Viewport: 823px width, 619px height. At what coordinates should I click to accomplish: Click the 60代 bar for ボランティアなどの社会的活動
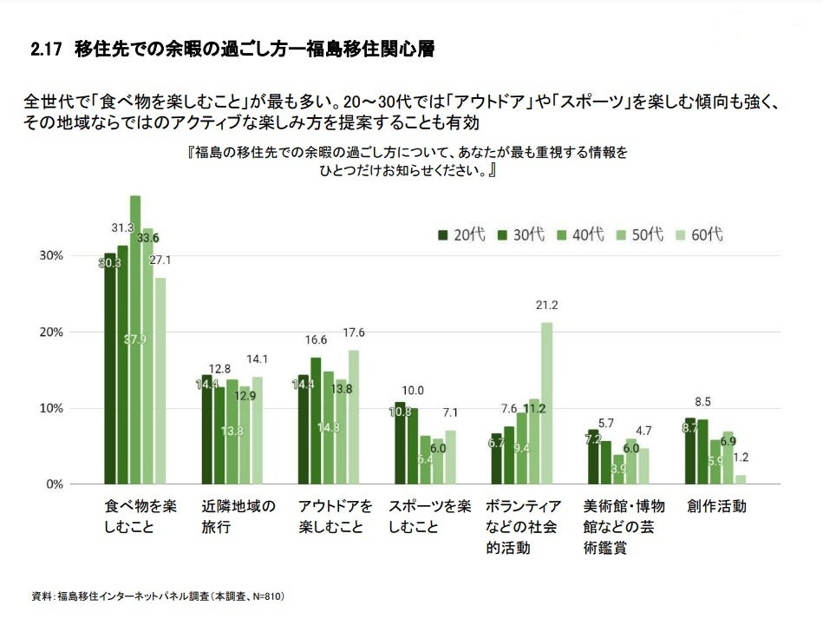546,403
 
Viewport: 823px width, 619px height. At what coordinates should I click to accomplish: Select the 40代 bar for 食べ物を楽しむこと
135,339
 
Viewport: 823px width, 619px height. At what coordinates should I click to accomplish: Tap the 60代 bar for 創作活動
740,479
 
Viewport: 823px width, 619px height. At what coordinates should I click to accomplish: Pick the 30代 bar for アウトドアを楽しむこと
316,420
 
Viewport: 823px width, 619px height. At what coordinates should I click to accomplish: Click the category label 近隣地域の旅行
238,517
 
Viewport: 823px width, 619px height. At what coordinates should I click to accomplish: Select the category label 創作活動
715,506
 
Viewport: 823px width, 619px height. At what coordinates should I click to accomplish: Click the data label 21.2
547,305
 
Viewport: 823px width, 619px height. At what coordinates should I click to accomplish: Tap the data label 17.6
354,333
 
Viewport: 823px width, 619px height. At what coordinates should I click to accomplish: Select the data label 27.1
160,260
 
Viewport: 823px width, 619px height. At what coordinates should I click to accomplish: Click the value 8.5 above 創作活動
703,402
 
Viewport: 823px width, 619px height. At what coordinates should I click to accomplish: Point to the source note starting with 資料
157,596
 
